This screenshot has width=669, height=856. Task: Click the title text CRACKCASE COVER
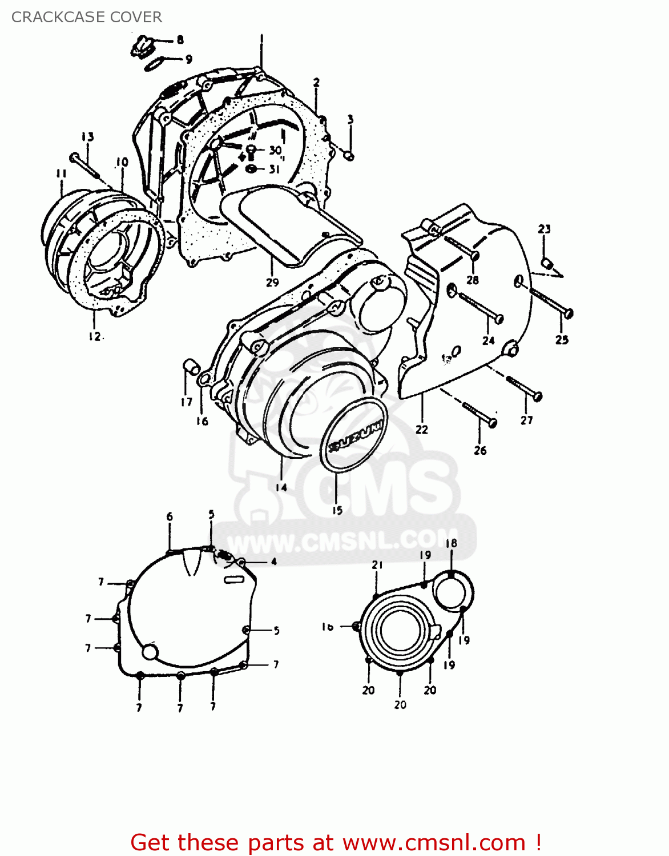tap(87, 17)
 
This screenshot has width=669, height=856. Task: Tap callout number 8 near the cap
tap(180, 40)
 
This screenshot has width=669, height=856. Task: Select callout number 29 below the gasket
tap(272, 282)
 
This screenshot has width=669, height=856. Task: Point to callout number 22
tap(422, 429)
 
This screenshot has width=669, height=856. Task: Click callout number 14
tap(281, 487)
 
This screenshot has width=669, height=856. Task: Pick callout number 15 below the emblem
tap(337, 510)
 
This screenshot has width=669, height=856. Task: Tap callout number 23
tap(544, 229)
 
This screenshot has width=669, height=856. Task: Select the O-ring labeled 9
tap(154, 65)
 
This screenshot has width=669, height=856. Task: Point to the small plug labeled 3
tap(349, 155)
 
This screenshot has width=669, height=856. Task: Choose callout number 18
tap(451, 543)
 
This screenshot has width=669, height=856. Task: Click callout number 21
tap(377, 565)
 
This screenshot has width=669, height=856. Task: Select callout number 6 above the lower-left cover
tap(170, 517)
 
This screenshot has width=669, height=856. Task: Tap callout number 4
tap(273, 562)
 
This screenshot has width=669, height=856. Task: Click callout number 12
tap(95, 336)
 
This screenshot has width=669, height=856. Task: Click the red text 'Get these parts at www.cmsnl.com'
tap(336, 842)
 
